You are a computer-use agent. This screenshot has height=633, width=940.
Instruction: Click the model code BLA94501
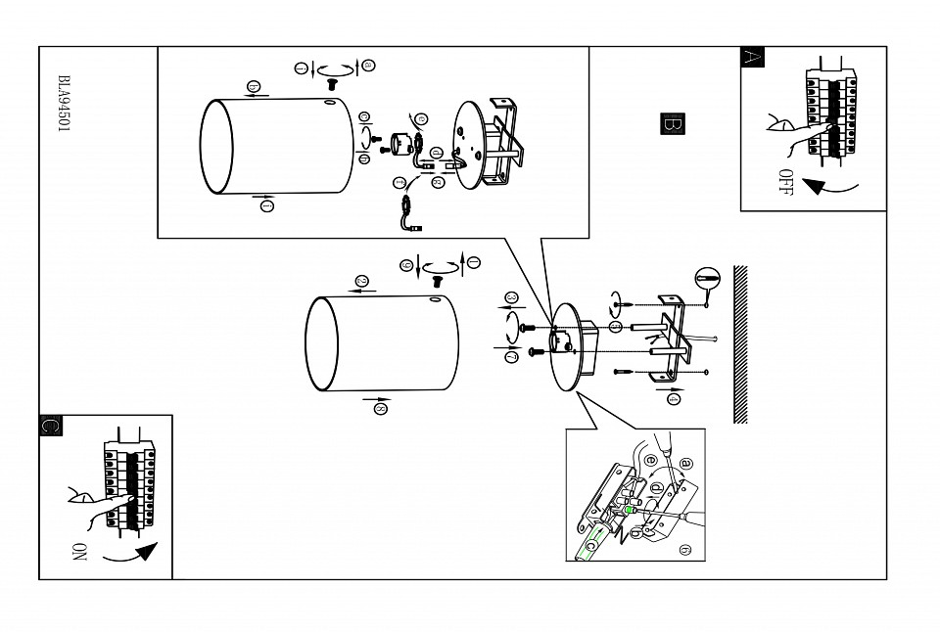pos(64,105)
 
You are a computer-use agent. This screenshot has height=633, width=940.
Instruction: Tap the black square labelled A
pos(752,57)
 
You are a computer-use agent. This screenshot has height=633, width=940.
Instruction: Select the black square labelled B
pos(673,124)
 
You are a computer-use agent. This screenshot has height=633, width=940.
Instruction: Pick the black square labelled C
pos(51,426)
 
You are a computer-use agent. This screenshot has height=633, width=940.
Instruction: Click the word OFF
pos(784,183)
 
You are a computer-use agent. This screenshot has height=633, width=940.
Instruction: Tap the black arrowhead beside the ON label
pos(145,553)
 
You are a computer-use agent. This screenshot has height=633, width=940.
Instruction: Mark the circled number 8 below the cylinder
pos(381,409)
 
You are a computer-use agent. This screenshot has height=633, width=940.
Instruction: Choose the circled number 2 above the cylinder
pos(360,282)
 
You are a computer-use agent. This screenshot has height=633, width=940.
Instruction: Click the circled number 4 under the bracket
pos(674,397)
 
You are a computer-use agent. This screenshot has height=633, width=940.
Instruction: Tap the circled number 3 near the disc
pos(510,297)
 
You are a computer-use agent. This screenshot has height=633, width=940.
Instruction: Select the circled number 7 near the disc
pos(511,358)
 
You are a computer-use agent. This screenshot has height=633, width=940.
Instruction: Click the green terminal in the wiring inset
pos(630,510)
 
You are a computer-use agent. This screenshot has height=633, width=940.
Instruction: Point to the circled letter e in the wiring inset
pos(651,459)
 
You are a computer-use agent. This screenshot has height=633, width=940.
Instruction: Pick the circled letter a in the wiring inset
pos(685,463)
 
